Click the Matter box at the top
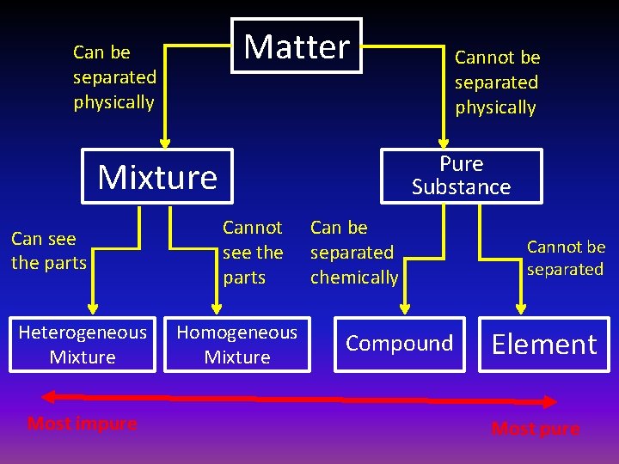point(297,46)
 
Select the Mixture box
point(157,177)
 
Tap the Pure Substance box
point(461,176)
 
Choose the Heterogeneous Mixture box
point(83,345)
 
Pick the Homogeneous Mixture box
point(237,345)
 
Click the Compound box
point(399,344)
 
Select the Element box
point(543,345)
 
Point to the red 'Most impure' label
point(82,423)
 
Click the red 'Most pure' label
point(536,428)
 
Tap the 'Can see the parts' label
point(49,251)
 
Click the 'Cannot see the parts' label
point(252,253)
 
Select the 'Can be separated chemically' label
point(354,253)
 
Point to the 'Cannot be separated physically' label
point(497,82)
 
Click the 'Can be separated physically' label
point(114,77)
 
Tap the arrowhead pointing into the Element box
point(519,308)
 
